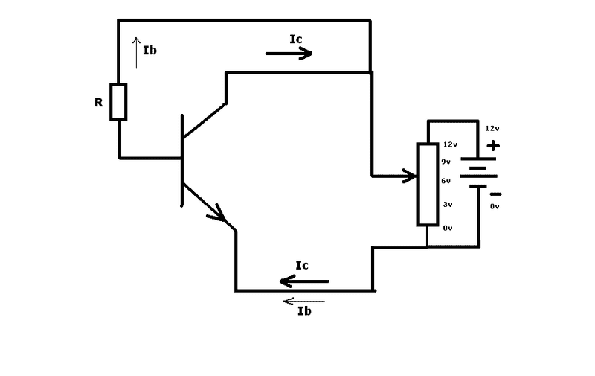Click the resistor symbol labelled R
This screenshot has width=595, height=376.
[x=118, y=102]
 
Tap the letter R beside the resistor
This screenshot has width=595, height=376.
[x=99, y=102]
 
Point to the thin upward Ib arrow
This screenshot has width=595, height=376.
[x=137, y=53]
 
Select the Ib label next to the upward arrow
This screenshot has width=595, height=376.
[x=150, y=50]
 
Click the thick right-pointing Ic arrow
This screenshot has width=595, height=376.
[x=289, y=54]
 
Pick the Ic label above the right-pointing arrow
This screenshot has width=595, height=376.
[x=295, y=39]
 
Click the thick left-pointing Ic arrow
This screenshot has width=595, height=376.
[x=304, y=281]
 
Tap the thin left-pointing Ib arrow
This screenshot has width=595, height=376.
[x=303, y=302]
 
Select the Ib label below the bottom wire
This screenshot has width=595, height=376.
[x=304, y=311]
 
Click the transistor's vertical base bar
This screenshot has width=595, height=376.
[x=182, y=160]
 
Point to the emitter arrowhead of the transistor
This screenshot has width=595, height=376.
[x=218, y=214]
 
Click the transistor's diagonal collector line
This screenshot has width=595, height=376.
[x=205, y=120]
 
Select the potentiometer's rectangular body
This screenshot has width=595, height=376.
[x=428, y=184]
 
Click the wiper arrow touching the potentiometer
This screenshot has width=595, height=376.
[x=395, y=176]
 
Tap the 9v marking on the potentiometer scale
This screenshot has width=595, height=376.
[x=446, y=162]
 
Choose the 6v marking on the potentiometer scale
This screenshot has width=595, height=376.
[x=446, y=181]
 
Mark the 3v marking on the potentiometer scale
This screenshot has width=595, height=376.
[x=448, y=204]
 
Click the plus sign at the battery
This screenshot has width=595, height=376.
[x=493, y=145]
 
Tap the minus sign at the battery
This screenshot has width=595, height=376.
[x=495, y=194]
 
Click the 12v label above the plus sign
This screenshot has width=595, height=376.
[x=492, y=128]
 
